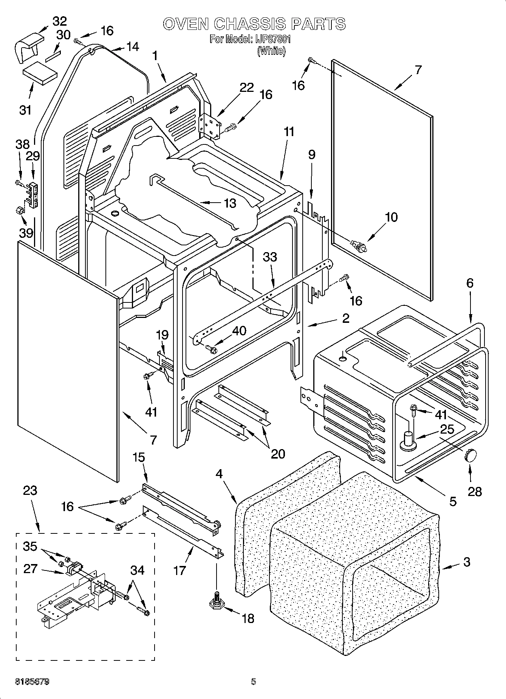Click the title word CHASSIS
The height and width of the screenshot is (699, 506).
[x=250, y=24]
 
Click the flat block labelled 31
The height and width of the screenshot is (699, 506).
[x=39, y=76]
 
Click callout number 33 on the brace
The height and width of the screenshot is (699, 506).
[x=270, y=257]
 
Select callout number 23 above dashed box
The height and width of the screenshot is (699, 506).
[x=30, y=491]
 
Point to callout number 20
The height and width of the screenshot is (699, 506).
[x=278, y=453]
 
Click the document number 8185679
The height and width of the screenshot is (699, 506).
[x=32, y=682]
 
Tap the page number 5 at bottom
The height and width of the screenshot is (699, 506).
[x=254, y=682]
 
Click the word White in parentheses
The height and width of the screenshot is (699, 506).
[x=271, y=51]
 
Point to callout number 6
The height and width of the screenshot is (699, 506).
[x=469, y=283]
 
